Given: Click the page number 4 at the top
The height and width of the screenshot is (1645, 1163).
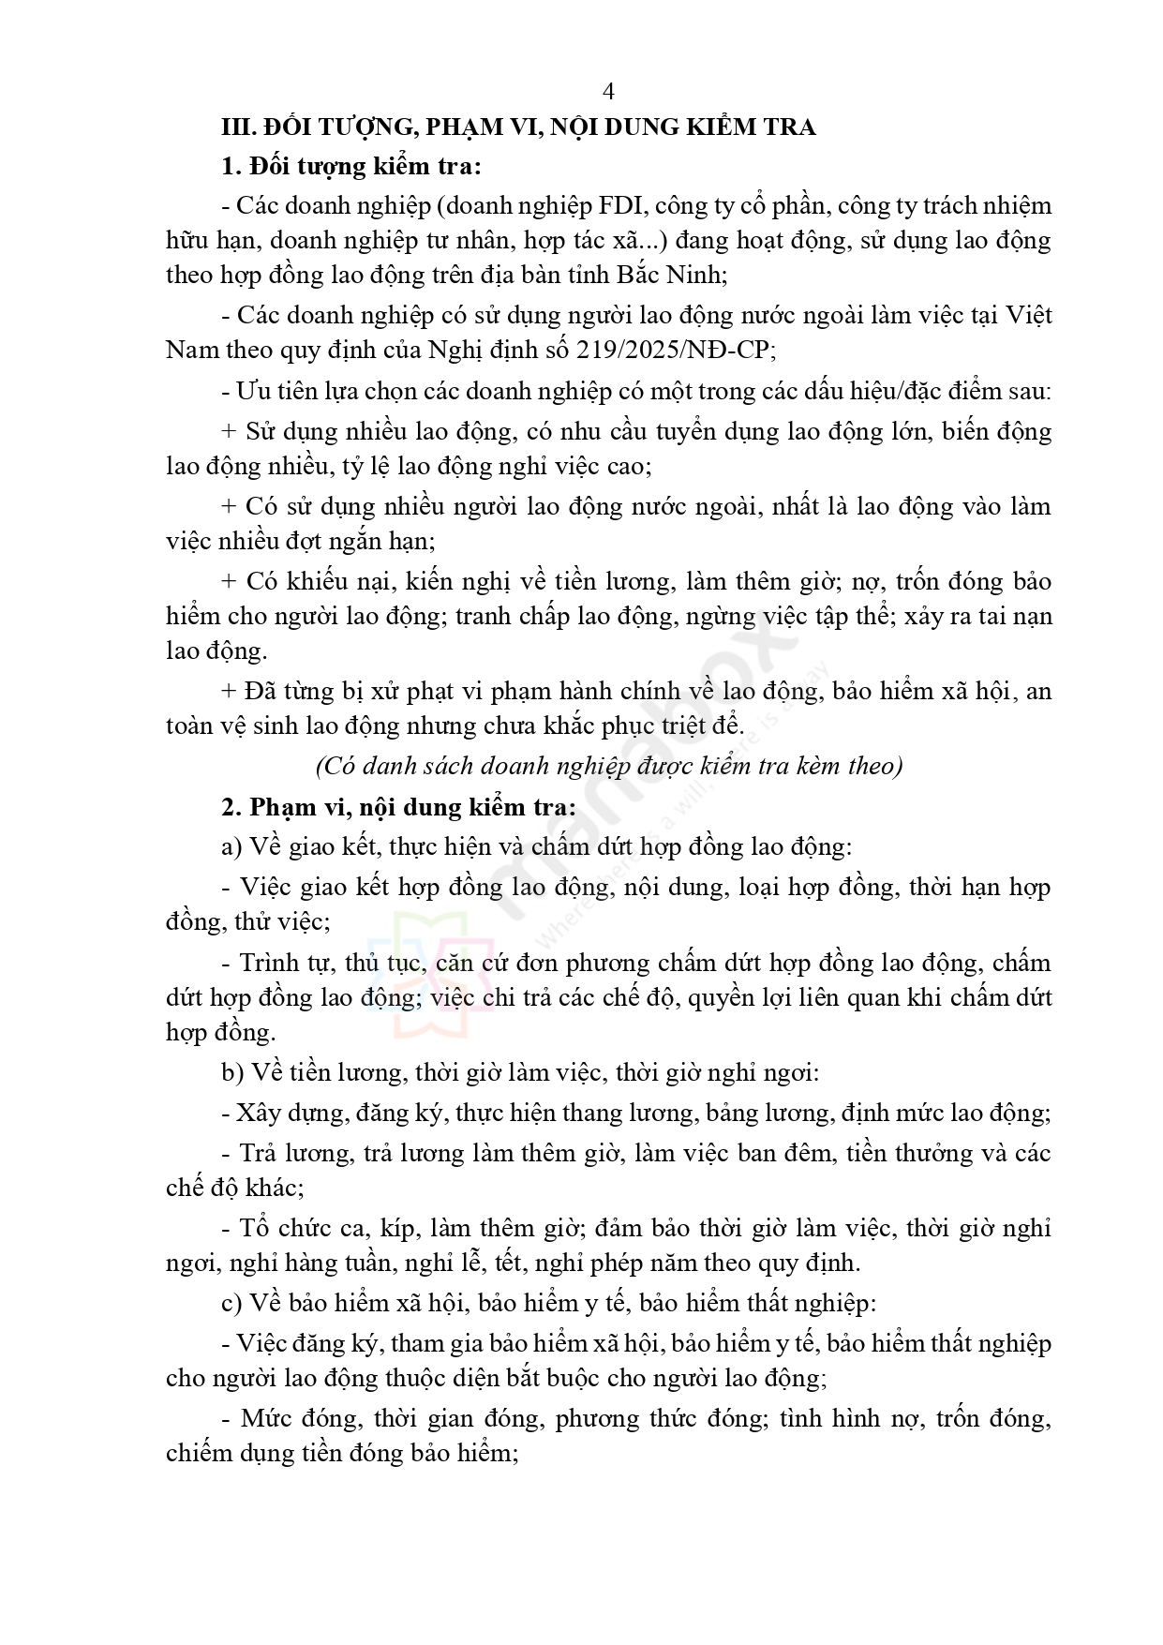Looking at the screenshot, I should (609, 92).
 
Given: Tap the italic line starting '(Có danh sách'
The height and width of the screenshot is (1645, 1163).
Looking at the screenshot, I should (609, 766).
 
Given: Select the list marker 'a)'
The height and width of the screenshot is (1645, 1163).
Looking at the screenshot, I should (231, 847).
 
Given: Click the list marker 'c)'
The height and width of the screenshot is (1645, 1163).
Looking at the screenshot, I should (231, 1304).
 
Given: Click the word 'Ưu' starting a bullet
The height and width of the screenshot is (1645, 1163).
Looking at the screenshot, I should (251, 391).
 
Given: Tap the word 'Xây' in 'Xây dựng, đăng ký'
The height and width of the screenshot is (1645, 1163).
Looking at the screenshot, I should (256, 1114).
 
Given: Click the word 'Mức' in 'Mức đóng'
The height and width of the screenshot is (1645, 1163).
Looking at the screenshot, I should (265, 1418).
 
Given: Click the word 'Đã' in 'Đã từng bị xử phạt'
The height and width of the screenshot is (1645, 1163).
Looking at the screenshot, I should (261, 692).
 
